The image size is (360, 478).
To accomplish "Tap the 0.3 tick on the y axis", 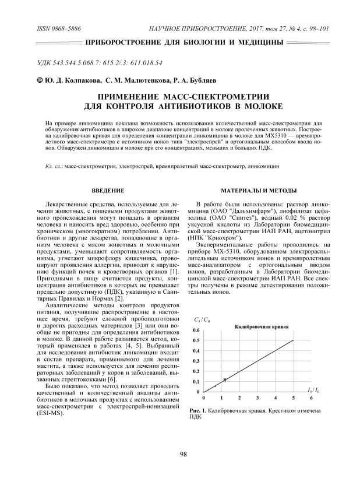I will point(196,361).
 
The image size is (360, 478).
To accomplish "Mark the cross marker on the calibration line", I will point(225,379).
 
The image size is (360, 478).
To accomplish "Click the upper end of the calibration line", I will point(294,340).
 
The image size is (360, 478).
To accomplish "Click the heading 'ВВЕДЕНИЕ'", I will point(108,191).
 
